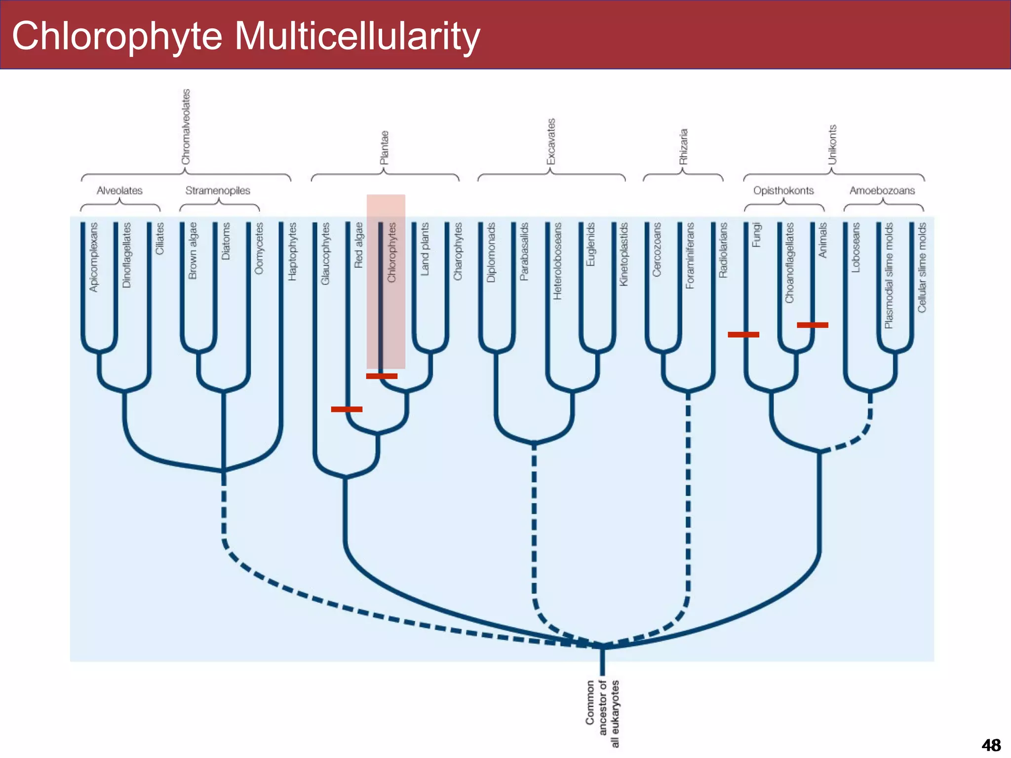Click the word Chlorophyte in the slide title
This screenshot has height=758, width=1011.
coord(117,37)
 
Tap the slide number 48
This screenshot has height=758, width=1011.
coord(991,745)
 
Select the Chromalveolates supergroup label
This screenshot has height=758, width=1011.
coord(186,127)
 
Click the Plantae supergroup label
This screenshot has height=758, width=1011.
coord(384,148)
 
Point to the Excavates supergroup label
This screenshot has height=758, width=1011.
coord(551,142)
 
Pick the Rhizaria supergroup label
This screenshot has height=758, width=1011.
coord(683,147)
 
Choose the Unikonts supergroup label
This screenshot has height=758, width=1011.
coord(832,145)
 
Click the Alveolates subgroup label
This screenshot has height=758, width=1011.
coord(119,190)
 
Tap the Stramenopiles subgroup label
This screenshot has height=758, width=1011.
coord(218,190)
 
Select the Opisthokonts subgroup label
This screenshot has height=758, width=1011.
coord(783,190)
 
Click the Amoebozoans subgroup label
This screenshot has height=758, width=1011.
coord(882,190)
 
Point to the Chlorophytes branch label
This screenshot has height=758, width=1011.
coord(392,253)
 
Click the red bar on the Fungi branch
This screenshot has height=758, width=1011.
coord(743,335)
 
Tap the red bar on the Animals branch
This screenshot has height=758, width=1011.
coord(813,325)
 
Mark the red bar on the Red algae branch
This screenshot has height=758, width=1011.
coord(347,409)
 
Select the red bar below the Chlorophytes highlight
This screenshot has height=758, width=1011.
coord(382,376)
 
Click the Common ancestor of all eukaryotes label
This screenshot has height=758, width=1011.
coord(602,714)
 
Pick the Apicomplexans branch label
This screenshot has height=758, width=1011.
coord(94,257)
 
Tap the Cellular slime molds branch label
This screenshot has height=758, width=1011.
coord(922,267)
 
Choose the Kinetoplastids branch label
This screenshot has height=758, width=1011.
coord(624,254)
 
